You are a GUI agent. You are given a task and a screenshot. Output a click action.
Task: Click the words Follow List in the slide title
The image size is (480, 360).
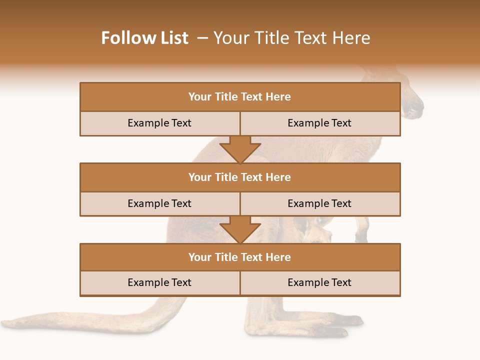[144, 38]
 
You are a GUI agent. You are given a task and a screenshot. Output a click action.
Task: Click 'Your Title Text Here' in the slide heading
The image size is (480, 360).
[291, 38]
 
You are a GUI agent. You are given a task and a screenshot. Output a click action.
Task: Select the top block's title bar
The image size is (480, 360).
[240, 97]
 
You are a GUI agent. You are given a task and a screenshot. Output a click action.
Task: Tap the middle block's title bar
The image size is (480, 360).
[240, 177]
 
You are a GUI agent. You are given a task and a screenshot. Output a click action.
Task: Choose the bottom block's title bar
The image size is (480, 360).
[240, 257]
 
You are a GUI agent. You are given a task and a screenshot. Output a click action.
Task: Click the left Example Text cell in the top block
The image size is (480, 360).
[159, 123]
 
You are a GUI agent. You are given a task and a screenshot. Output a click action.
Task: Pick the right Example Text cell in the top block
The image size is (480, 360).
[319, 123]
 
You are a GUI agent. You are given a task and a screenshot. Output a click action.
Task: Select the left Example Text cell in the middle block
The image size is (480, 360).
[159, 203]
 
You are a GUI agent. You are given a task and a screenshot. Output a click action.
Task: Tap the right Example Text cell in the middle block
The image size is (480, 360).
[319, 203]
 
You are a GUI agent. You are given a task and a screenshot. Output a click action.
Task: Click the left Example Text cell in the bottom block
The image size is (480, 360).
[159, 282]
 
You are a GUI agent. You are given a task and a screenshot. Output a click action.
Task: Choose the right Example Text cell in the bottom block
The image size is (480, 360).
[319, 282]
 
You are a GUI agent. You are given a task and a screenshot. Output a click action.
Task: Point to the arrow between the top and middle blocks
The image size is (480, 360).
[240, 149]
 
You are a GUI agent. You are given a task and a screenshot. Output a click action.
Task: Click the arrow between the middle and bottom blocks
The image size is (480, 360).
[240, 229]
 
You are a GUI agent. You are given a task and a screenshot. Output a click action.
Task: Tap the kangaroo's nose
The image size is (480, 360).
[415, 106]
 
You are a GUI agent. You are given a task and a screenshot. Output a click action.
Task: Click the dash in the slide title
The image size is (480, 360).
[202, 38]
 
